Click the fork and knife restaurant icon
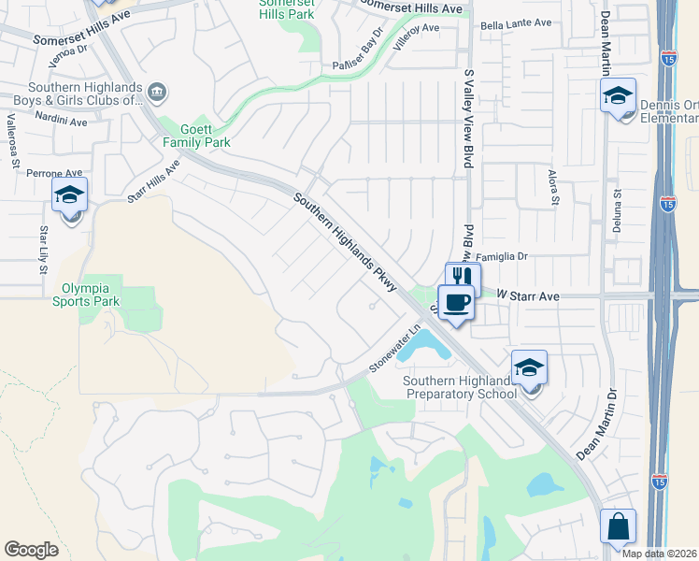(463, 276)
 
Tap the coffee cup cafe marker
(455, 302)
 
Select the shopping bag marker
(619, 525)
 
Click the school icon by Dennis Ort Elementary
(618, 95)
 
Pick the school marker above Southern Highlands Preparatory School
(529, 367)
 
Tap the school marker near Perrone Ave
(69, 195)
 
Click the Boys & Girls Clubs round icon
(157, 92)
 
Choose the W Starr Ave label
(527, 295)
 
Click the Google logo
(31, 550)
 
